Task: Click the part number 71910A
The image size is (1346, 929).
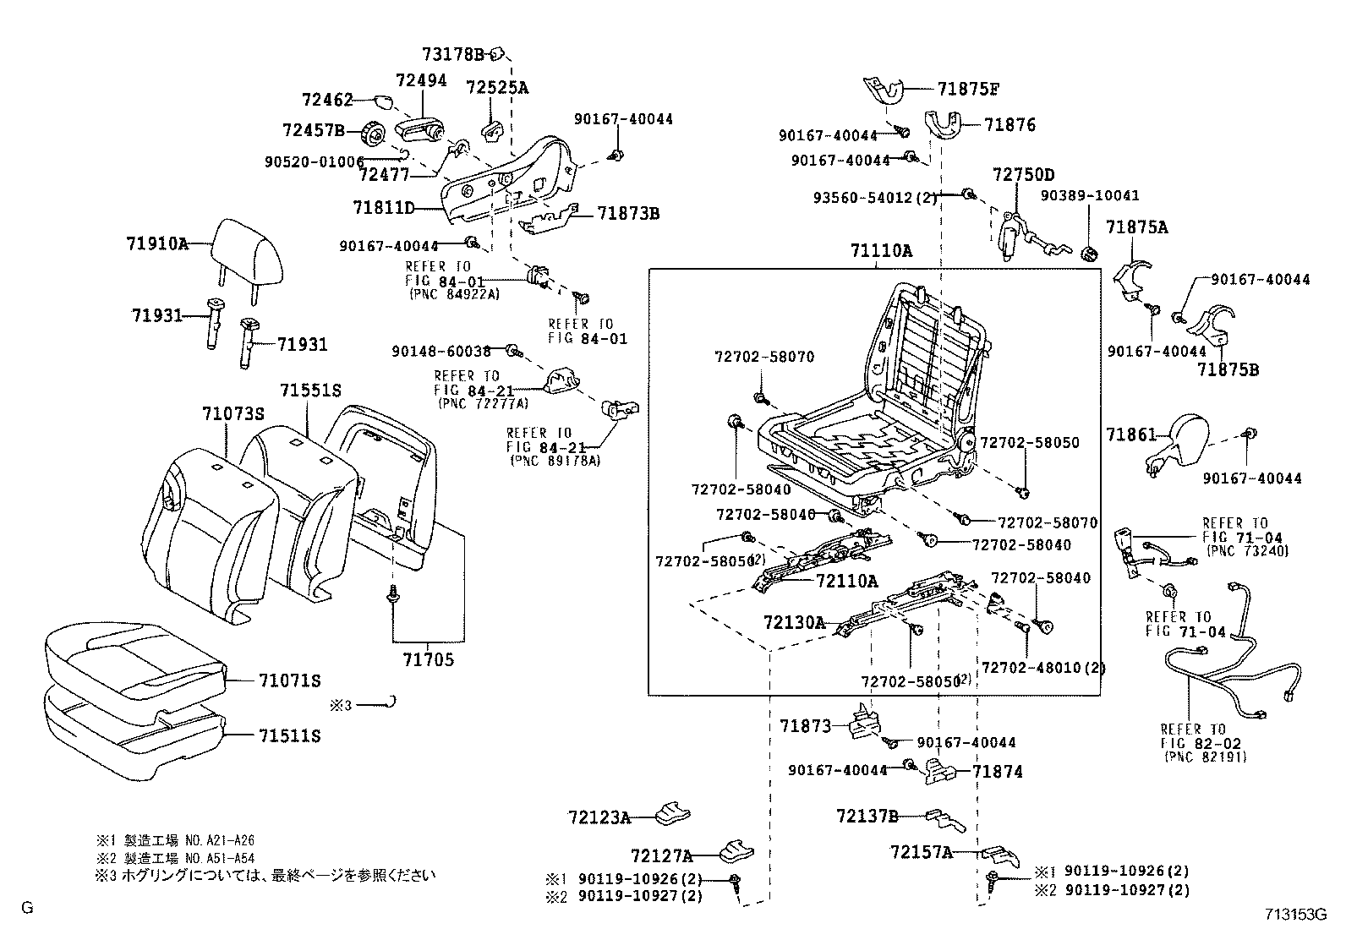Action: pos(156,243)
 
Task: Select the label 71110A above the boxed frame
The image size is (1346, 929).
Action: pos(881,251)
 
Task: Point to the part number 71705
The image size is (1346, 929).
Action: pos(427,659)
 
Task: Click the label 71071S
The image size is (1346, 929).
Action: pos(289,680)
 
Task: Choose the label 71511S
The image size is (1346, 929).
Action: pos(289,735)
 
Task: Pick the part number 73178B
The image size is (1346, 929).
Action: pos(452,55)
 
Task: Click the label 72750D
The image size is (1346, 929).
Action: pos(1023,175)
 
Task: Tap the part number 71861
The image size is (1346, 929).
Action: pos(1130,435)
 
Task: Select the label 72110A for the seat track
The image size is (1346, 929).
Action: pos(846,581)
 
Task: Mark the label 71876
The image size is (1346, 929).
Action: pos(1009,125)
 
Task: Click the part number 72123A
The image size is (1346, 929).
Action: pos(599,817)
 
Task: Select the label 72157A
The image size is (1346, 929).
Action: pos(921,852)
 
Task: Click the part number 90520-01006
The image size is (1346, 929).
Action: pos(314,161)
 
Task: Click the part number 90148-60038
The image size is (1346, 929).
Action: pos(441,351)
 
